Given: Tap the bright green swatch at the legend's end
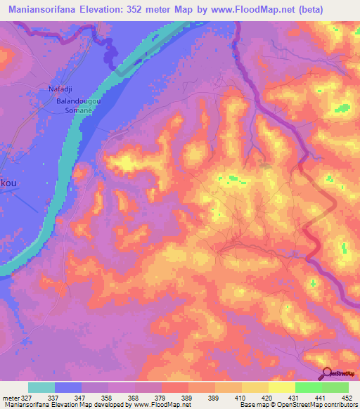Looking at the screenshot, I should [335, 387].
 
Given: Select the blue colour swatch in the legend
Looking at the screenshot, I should [68, 387].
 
